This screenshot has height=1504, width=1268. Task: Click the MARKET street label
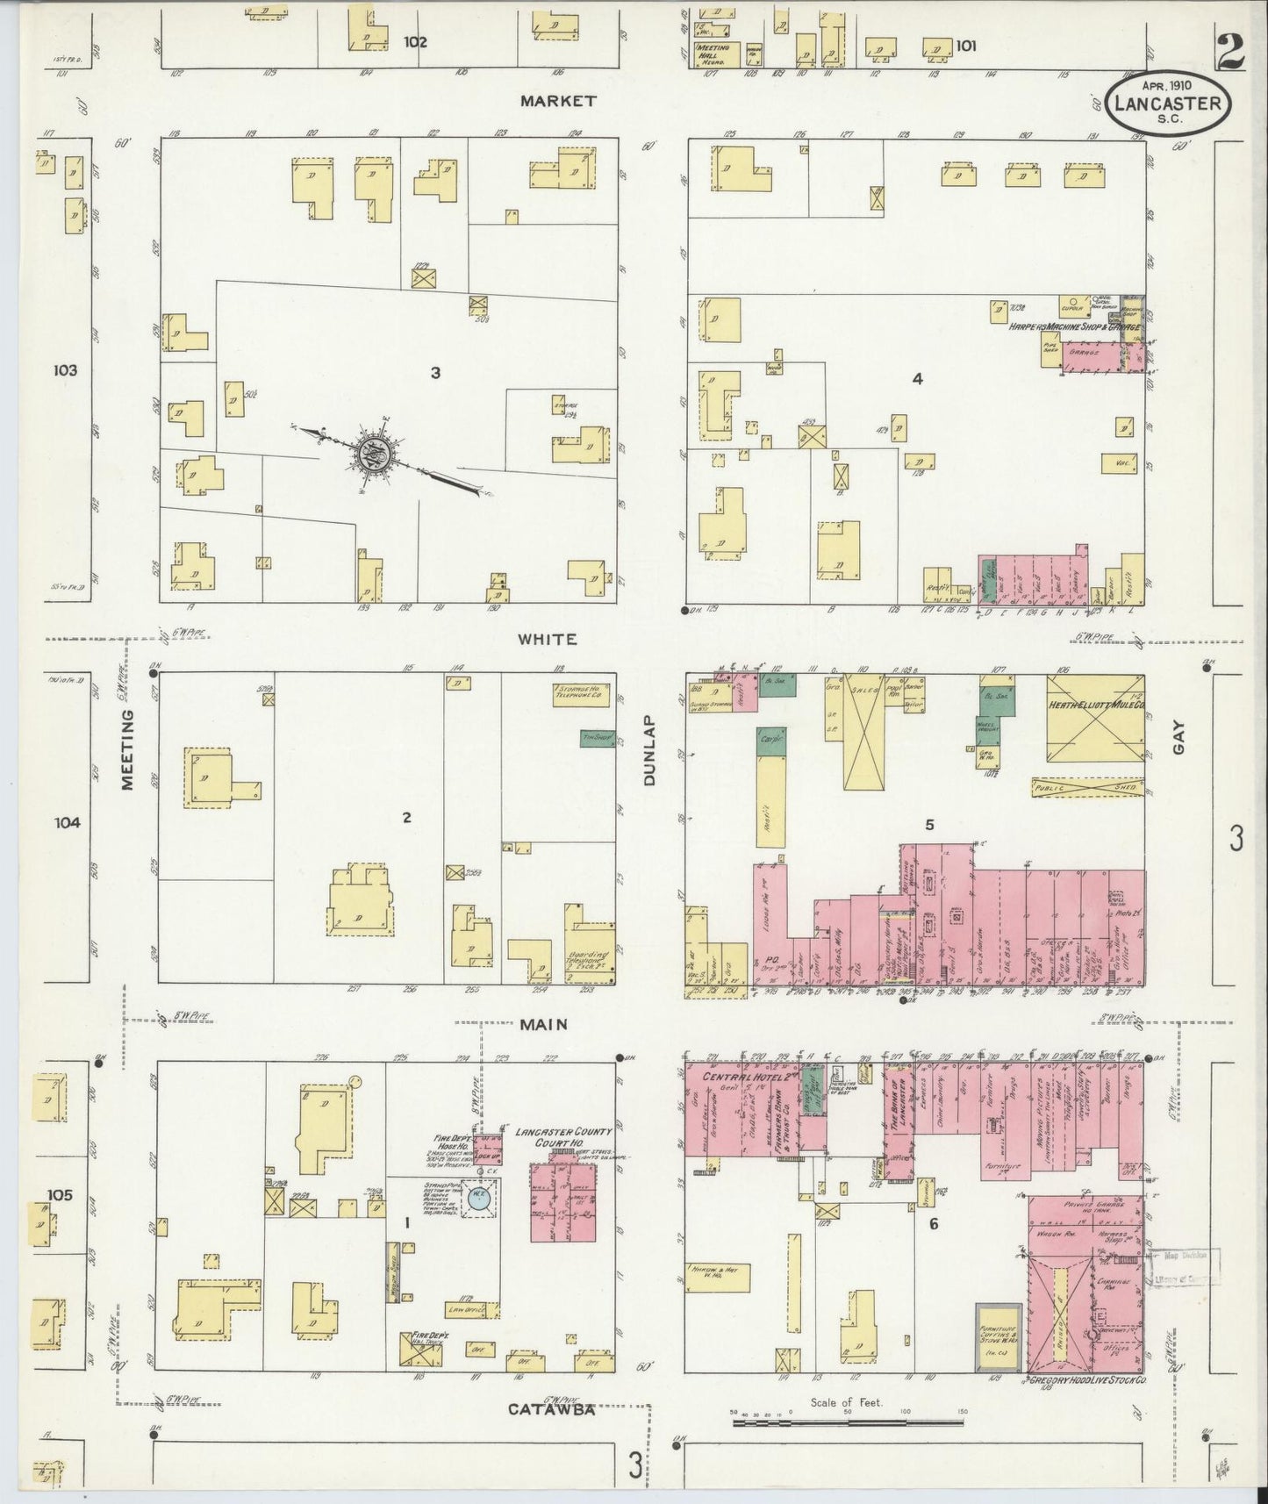pos(557,101)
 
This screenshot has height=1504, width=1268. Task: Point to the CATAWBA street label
pos(552,1410)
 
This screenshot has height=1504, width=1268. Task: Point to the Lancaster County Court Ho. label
pos(563,1137)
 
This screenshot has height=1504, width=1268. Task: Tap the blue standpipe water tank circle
pos(478,1200)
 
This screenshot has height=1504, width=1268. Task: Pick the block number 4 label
pos(917,379)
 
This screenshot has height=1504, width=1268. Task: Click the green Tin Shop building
pos(598,738)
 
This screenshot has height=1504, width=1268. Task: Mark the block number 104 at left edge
pos(66,822)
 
